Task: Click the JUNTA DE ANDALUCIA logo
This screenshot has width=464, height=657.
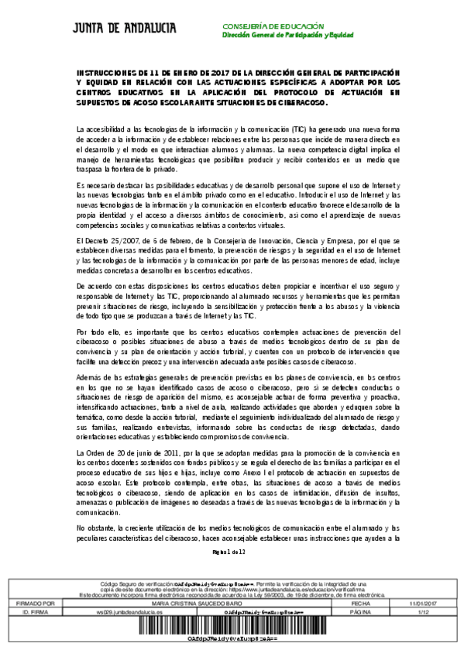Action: click(x=124, y=29)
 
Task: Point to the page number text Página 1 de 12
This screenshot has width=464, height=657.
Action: click(x=229, y=552)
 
